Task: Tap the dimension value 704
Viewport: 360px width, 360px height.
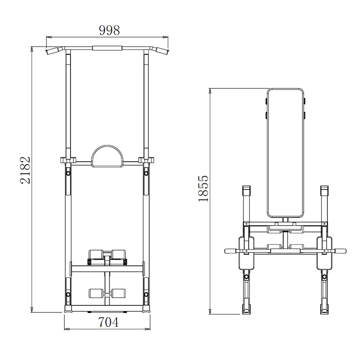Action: (108, 323)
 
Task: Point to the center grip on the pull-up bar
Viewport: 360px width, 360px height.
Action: (108, 48)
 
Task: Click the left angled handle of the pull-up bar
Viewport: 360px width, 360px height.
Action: (52, 50)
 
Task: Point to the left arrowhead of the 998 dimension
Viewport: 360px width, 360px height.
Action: (48, 36)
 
